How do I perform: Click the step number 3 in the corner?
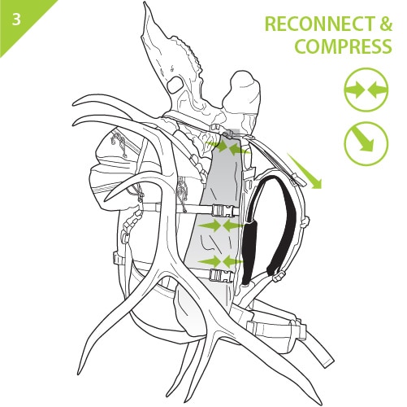(x=16, y=20)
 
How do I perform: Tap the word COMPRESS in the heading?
(x=343, y=46)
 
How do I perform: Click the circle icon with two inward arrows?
(x=366, y=90)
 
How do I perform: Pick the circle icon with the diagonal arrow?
(x=366, y=143)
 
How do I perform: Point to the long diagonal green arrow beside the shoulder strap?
(x=304, y=170)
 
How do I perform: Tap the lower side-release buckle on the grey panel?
(x=221, y=275)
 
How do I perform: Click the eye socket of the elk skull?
(x=175, y=84)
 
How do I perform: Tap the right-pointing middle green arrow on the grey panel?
(x=210, y=225)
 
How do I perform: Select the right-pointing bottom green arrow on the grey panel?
(x=210, y=262)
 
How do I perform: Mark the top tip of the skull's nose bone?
(x=144, y=2)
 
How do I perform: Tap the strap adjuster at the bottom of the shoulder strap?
(x=278, y=278)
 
